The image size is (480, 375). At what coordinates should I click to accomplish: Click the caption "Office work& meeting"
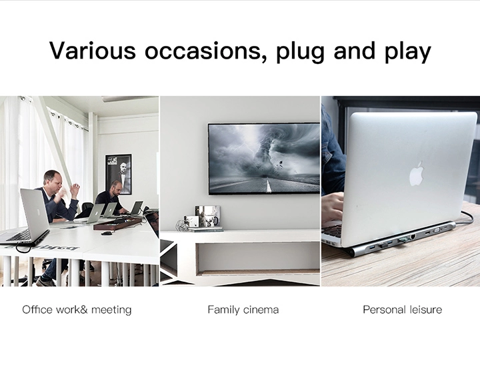tap(77, 310)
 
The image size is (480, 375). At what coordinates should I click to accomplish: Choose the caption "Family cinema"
tap(243, 310)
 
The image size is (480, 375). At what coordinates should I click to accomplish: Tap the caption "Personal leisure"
tap(402, 310)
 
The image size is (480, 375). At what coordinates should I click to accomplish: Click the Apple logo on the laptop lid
tap(416, 173)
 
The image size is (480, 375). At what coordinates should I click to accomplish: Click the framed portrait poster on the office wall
tap(118, 174)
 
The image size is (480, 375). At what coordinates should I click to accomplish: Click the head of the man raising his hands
tap(52, 179)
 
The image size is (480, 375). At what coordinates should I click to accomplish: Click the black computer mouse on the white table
tap(105, 233)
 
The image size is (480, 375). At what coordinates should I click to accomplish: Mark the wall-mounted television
tap(263, 159)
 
